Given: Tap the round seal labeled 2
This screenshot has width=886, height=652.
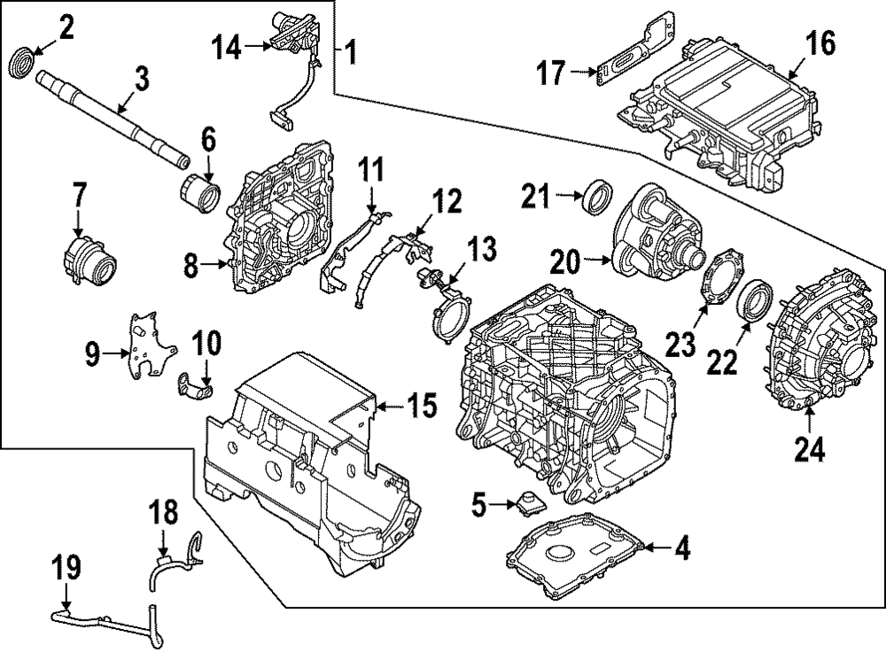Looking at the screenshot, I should [x=21, y=63].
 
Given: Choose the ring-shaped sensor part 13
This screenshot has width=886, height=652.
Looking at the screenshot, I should [x=451, y=316].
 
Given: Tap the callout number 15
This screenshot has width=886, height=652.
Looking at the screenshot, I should [x=422, y=407].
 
